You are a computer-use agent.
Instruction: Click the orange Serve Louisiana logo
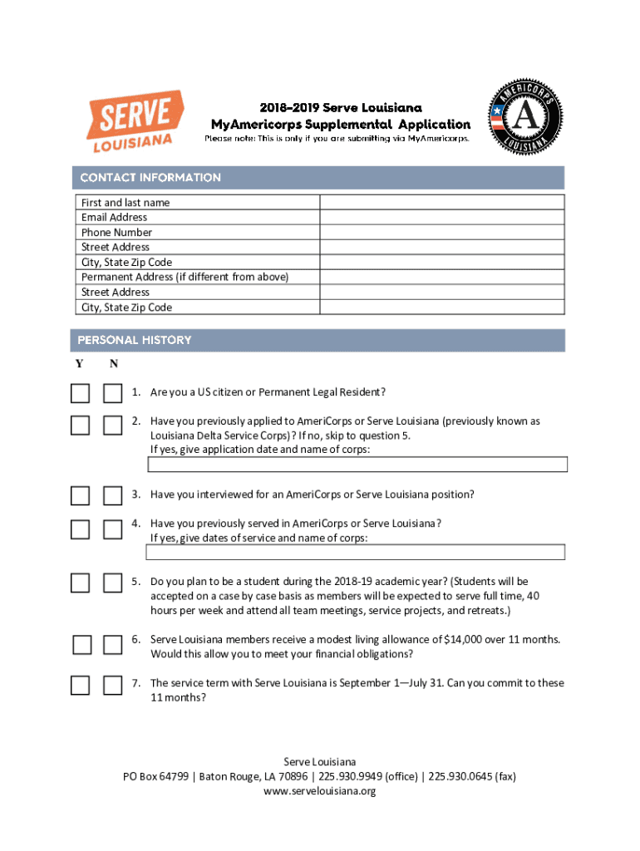pyautogui.click(x=130, y=123)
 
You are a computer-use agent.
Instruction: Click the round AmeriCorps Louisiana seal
pyautogui.click(x=524, y=116)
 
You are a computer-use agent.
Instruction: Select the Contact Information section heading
pyautogui.click(x=150, y=177)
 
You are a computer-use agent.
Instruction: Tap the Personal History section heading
pyautogui.click(x=135, y=340)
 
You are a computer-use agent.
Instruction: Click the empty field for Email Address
pyautogui.click(x=442, y=217)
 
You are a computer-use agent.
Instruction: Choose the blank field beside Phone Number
pyautogui.click(x=442, y=232)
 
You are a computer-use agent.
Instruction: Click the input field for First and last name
pyautogui.click(x=442, y=202)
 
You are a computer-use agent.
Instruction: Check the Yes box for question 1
pyautogui.click(x=80, y=393)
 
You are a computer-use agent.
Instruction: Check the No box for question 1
pyautogui.click(x=112, y=393)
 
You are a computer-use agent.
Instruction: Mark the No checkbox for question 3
pyautogui.click(x=112, y=496)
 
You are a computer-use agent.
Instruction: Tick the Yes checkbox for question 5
pyautogui.click(x=80, y=583)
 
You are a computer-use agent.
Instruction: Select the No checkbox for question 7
pyautogui.click(x=112, y=686)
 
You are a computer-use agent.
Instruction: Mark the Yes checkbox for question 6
pyautogui.click(x=81, y=644)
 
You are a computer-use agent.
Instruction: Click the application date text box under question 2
pyautogui.click(x=357, y=465)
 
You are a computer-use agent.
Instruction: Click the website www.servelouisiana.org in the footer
pyautogui.click(x=320, y=791)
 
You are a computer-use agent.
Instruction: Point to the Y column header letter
pyautogui.click(x=79, y=364)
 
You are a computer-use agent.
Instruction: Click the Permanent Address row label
pyautogui.click(x=185, y=277)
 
